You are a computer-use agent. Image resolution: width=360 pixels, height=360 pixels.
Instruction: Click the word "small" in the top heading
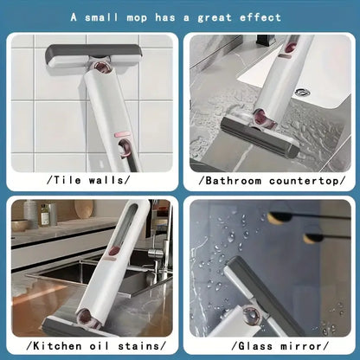pyautogui.click(x=105, y=16)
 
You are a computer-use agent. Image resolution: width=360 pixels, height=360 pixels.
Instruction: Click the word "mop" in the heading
pyautogui.click(x=145, y=16)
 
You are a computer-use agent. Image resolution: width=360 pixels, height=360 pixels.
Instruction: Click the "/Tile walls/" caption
pyautogui.click(x=90, y=180)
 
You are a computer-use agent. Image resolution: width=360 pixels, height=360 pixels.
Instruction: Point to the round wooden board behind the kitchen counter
pyautogui.click(x=84, y=209)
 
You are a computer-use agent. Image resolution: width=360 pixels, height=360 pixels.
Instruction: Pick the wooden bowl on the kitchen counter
pyautogui.click(x=21, y=226)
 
